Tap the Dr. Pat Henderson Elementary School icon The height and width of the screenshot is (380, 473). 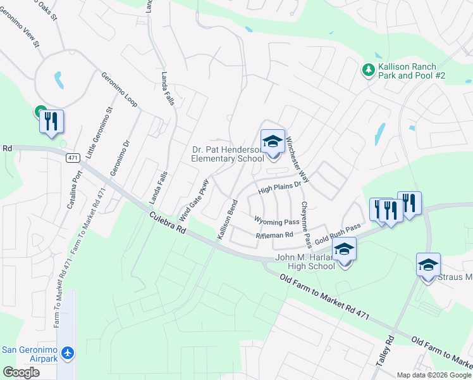point(273,142)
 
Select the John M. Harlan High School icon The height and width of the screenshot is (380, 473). point(344,250)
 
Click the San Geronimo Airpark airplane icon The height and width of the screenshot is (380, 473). point(68,353)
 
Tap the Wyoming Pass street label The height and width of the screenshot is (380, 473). point(276,222)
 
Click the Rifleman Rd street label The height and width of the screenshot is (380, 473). point(274,235)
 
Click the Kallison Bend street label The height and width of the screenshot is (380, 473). point(226,219)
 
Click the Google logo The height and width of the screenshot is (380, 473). point(21,372)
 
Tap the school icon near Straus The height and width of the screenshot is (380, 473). point(427,265)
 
